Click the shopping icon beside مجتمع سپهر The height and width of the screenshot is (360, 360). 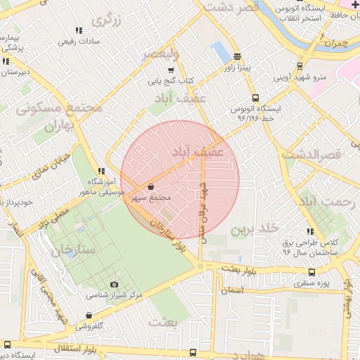(x=152, y=187)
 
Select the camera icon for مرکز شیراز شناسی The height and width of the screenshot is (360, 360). (x=114, y=284)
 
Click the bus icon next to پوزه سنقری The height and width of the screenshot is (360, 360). (x=311, y=273)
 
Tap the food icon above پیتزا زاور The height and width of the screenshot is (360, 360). (x=238, y=57)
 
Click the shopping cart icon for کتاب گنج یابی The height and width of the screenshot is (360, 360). (x=171, y=70)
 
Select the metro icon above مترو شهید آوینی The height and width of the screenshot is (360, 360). (x=300, y=66)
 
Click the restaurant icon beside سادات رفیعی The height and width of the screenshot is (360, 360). (x=78, y=30)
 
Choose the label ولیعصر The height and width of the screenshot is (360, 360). (x=160, y=53)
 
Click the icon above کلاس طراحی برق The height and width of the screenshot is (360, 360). (x=309, y=231)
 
